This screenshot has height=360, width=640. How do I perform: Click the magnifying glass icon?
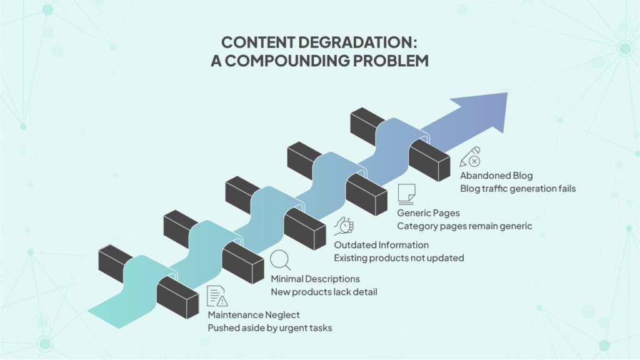tap(280, 260)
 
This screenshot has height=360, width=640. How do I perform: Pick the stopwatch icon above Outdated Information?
tap(344, 226)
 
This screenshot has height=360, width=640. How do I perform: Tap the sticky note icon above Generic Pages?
tap(406, 194)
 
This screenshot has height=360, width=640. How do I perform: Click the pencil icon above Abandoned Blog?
tap(470, 157)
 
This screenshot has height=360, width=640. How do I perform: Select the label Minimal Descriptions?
tap(315, 279)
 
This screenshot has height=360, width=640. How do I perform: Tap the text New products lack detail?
tap(324, 292)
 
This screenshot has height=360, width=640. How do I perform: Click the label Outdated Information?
tap(381, 244)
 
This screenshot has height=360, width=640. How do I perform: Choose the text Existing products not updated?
tap(399, 257)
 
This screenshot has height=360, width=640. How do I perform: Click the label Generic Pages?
tap(428, 213)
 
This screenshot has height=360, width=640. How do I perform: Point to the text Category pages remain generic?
tap(464, 226)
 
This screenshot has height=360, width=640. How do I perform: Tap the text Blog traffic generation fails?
tap(517, 188)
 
